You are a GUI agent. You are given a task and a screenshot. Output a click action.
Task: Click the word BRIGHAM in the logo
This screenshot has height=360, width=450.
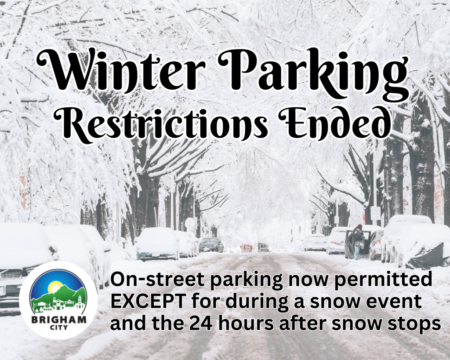coord(58,320)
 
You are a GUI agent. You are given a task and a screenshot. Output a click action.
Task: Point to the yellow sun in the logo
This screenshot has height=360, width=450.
coord(54,287)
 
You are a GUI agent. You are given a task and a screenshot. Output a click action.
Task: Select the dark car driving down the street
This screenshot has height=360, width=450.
coord(211,244)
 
